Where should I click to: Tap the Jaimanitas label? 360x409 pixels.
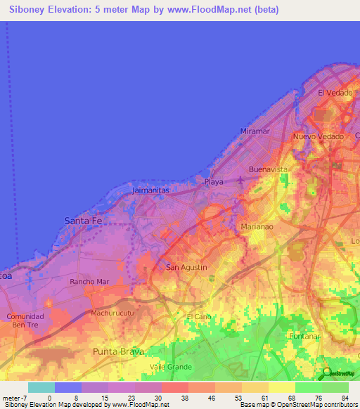tap(153, 190)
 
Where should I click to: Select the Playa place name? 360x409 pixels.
tap(214, 182)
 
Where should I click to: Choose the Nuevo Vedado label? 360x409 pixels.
tap(319, 136)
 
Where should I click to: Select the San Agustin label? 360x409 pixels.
tap(186, 267)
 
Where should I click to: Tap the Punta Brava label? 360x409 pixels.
tap(119, 351)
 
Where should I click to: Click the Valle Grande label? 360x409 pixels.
tap(171, 367)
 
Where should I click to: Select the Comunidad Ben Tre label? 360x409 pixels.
tap(25, 321)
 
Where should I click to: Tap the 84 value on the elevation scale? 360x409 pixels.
tap(345, 397)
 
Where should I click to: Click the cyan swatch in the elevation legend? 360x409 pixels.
tap(41, 387)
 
